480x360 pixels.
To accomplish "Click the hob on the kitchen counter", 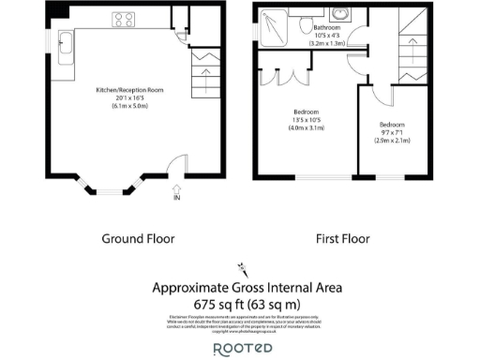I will tap(123, 18).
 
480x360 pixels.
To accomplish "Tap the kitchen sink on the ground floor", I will tap(67, 46).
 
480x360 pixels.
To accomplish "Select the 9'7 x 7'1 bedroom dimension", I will tap(393, 132).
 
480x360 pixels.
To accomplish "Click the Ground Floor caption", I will tap(138, 239).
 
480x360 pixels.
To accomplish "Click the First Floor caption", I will tap(341, 239).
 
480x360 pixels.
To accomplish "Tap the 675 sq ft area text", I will tap(247, 305).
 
